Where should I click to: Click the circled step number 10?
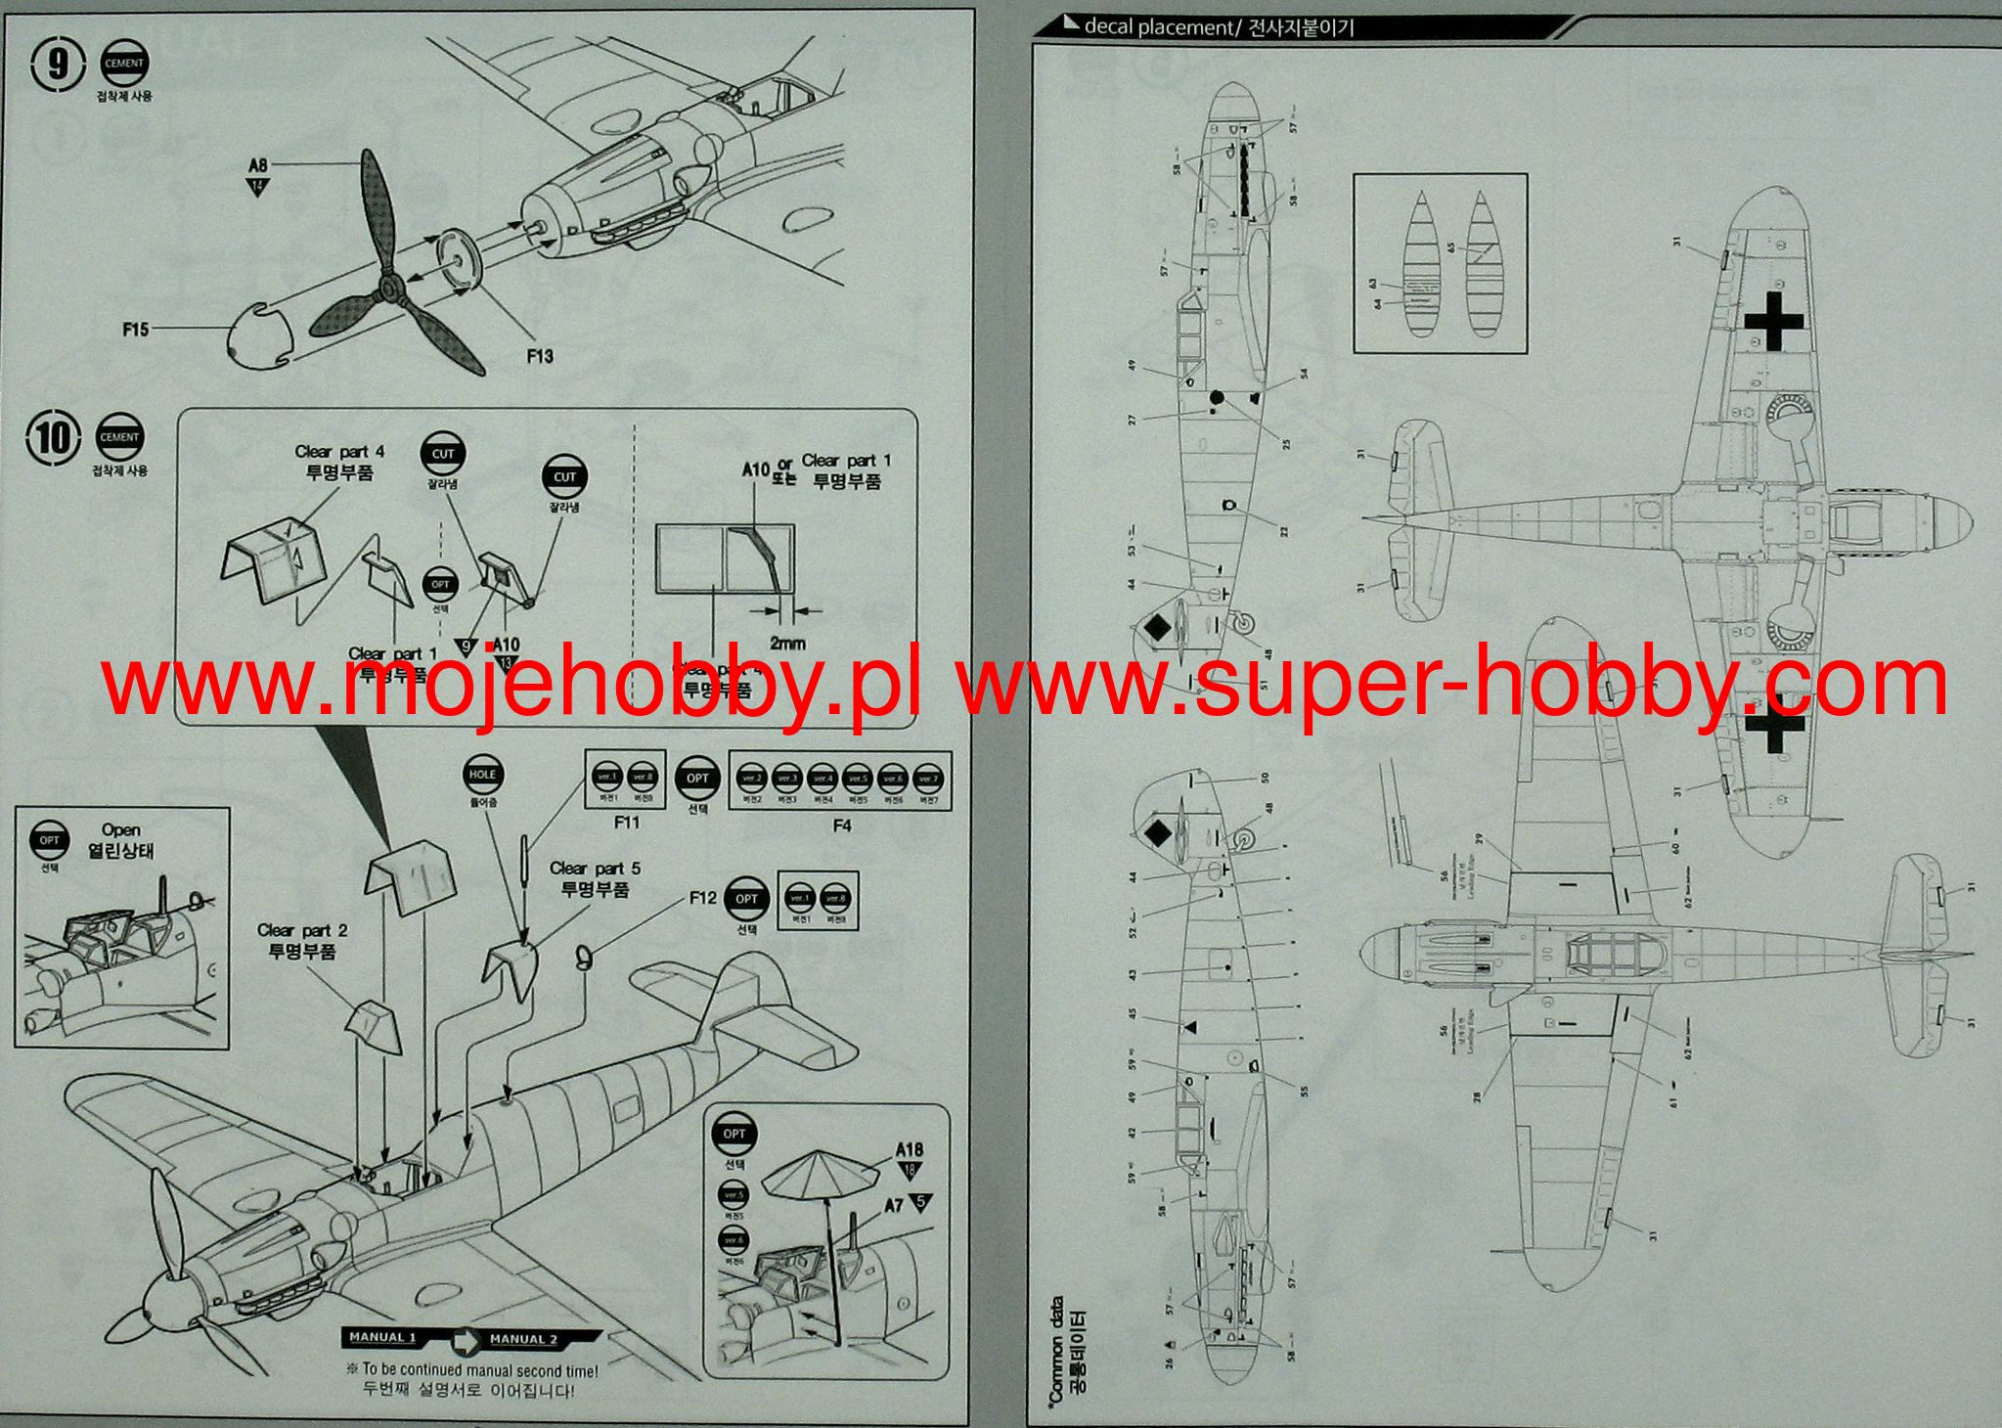pos(53,438)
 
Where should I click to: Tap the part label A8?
pos(258,166)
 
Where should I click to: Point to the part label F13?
pos(539,356)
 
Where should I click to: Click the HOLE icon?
pos(482,775)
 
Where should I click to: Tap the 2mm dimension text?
pos(787,643)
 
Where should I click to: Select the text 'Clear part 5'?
pos(595,869)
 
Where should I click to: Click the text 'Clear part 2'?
pos(302,930)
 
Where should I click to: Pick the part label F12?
pos(702,898)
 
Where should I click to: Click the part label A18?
pos(909,1150)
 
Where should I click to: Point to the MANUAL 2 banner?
pos(523,1339)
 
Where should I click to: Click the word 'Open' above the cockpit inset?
pos(121,830)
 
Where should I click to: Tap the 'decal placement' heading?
pos(1159,27)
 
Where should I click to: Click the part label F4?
pos(841,826)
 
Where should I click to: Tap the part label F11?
pos(626,823)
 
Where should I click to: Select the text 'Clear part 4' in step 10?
pos(339,452)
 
